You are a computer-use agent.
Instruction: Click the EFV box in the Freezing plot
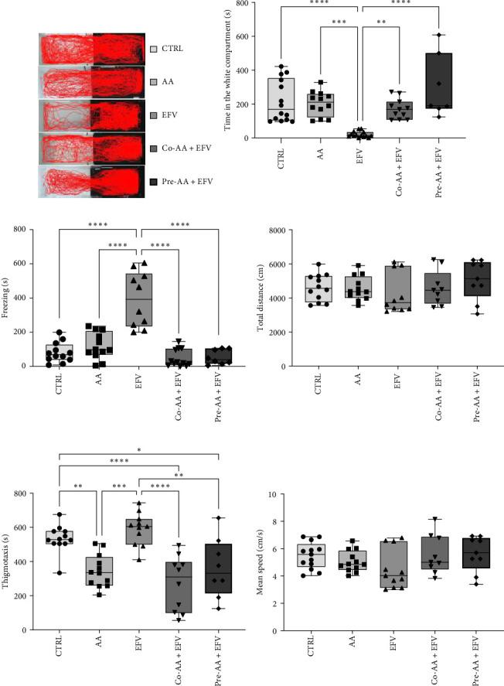coord(138,299)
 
